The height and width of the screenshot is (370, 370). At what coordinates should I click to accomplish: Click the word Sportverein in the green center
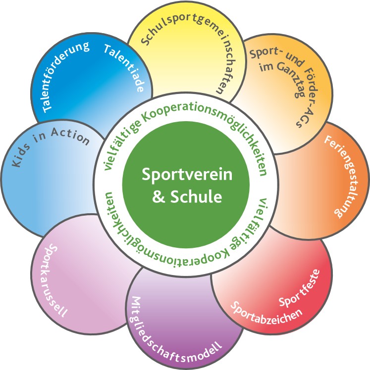(x=184, y=176)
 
